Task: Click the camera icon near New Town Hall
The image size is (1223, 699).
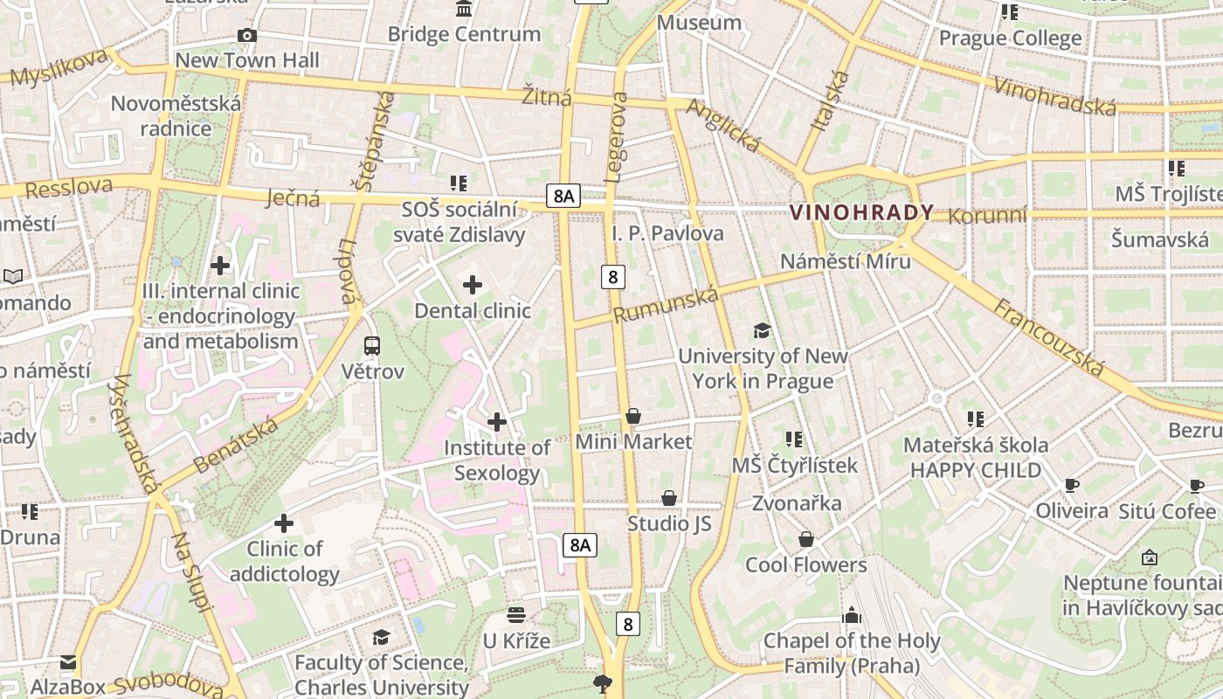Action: (247, 35)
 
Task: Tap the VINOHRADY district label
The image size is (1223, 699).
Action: (861, 212)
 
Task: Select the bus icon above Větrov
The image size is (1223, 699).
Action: (372, 346)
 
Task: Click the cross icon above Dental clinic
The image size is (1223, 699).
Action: (473, 285)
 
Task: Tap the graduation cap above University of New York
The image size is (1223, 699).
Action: (763, 330)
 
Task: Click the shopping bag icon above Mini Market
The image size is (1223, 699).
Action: (633, 416)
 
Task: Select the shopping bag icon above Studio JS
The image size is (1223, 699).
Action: (669, 498)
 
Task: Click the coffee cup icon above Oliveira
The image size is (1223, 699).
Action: (1072, 485)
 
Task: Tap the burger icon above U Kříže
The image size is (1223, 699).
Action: (516, 615)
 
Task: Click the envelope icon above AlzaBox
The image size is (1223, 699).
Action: (68, 662)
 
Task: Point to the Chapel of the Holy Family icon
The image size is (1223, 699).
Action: (852, 615)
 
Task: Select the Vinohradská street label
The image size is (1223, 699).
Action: (1055, 95)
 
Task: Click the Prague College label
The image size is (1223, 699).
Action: (1010, 38)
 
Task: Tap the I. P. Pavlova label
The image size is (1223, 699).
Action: (667, 233)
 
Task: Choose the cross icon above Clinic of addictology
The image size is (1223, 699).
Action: (284, 523)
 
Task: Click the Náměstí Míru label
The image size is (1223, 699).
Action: (845, 261)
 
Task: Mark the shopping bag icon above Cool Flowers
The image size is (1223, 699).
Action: (806, 540)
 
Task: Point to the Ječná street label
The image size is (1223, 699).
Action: (293, 198)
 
